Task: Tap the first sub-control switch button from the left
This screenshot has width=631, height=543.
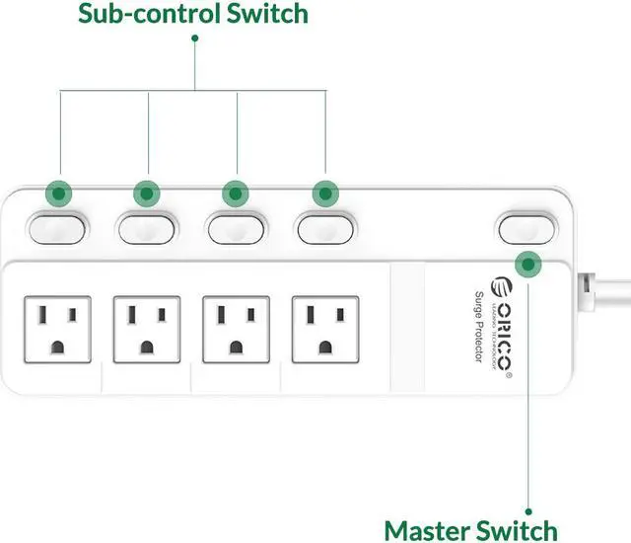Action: [x=56, y=228]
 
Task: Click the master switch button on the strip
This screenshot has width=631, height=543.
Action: [x=526, y=228]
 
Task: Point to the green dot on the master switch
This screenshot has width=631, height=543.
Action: [x=529, y=264]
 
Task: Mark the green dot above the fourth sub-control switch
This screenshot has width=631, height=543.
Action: [x=324, y=193]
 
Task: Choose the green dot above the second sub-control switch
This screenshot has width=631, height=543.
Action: [x=147, y=193]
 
